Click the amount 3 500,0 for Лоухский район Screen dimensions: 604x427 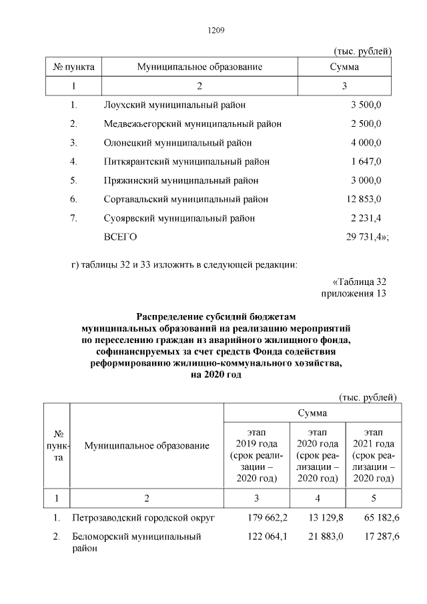[x=366, y=105]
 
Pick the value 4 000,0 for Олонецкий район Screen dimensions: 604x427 [x=366, y=142]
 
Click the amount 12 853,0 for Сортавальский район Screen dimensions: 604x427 [x=364, y=199]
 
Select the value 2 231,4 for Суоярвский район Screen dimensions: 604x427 [x=366, y=218]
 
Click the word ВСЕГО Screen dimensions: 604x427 [x=121, y=236]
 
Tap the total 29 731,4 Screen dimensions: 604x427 [x=365, y=236]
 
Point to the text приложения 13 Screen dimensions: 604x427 [x=354, y=292]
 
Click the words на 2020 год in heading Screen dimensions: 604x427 [x=216, y=375]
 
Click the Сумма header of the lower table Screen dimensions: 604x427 [x=312, y=413]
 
